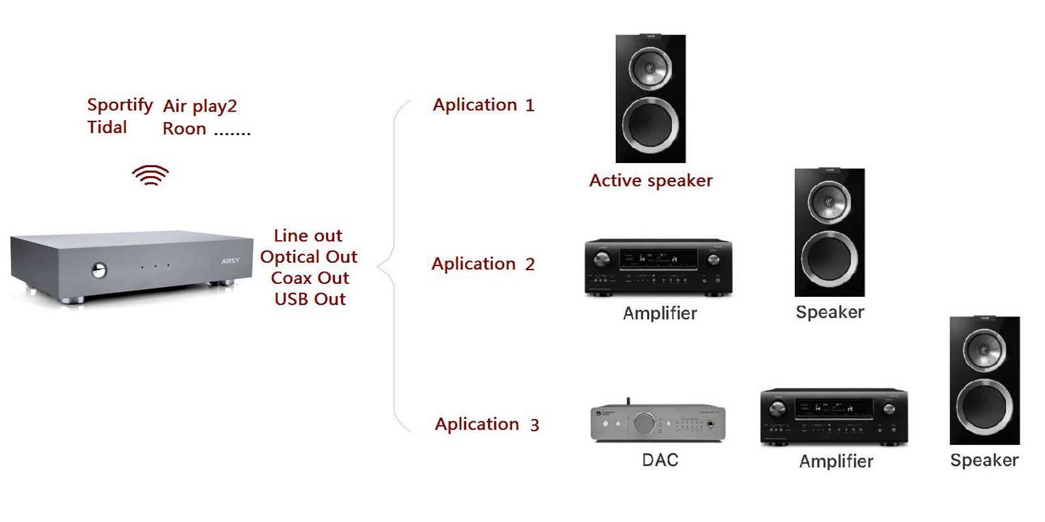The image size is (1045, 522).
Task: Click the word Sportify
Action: coord(120,105)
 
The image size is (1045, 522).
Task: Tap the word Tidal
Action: coord(107,127)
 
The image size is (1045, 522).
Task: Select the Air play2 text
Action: coord(200,106)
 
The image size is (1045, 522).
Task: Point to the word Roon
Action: coord(184,129)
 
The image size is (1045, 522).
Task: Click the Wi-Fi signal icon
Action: coord(150,176)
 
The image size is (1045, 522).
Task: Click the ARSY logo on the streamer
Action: coord(230,261)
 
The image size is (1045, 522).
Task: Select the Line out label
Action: coord(308,236)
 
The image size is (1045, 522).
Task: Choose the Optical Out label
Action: coord(308,256)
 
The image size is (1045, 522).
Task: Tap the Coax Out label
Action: coord(310,278)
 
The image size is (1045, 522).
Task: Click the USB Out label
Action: coord(310,299)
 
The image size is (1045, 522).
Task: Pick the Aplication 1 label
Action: coord(483,105)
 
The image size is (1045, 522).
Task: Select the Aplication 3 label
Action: coord(487,424)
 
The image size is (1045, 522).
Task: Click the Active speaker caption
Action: coord(651,181)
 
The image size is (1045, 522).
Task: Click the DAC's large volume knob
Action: coord(644,423)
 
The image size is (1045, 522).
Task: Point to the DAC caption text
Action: coord(660,460)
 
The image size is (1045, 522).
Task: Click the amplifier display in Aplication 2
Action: coord(658,259)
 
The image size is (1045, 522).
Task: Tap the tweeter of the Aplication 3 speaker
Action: coord(984,346)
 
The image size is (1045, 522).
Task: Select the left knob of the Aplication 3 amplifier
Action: coord(777,409)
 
